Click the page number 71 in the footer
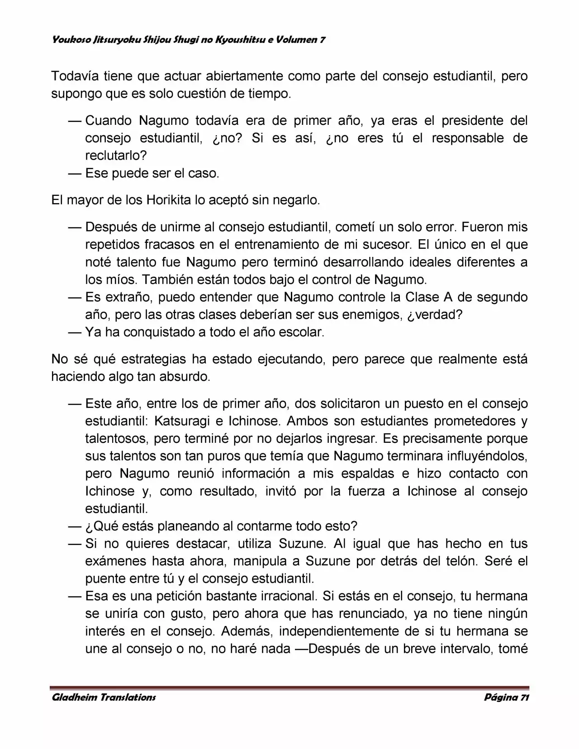524,697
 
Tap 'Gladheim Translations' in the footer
104,697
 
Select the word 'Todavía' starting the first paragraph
74,76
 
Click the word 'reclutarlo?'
116,156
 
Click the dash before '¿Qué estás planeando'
75,526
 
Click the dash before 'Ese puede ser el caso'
75,173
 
